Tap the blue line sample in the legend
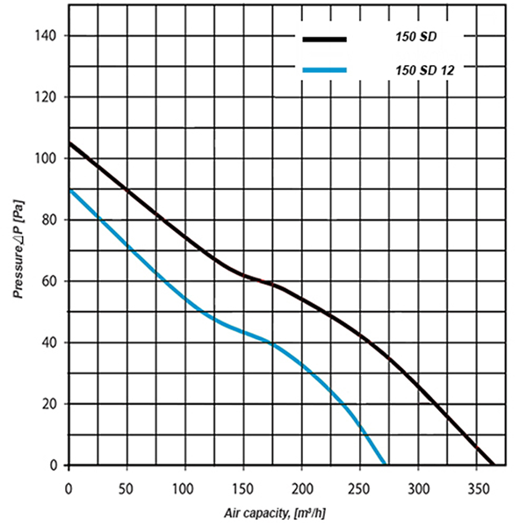tap(324, 70)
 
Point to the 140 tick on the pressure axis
tap(47, 35)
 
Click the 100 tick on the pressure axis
tap(47, 158)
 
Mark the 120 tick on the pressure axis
tap(47, 97)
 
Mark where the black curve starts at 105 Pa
tap(69, 142)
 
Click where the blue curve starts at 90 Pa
tap(69, 189)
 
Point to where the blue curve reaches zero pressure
tap(385, 465)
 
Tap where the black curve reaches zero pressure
tap(494, 465)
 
